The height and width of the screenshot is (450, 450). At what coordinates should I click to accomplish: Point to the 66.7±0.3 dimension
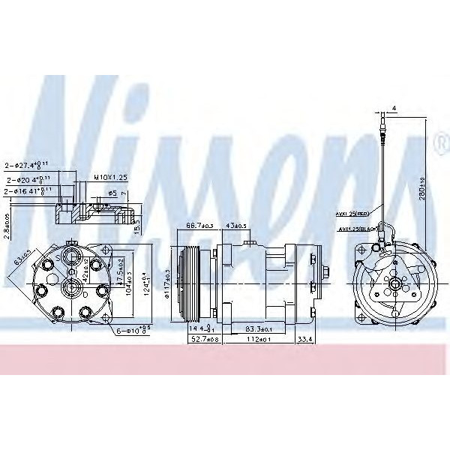coord(199,226)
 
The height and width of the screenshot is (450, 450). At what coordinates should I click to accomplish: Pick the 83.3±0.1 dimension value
coord(258,328)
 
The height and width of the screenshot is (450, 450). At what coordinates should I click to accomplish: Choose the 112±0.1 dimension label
coord(258,340)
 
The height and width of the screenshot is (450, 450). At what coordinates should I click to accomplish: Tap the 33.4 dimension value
coord(306,340)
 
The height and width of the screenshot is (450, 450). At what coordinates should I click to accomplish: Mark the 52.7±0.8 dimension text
coord(199,340)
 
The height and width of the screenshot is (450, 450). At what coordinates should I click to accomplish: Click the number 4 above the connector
coord(394,109)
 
